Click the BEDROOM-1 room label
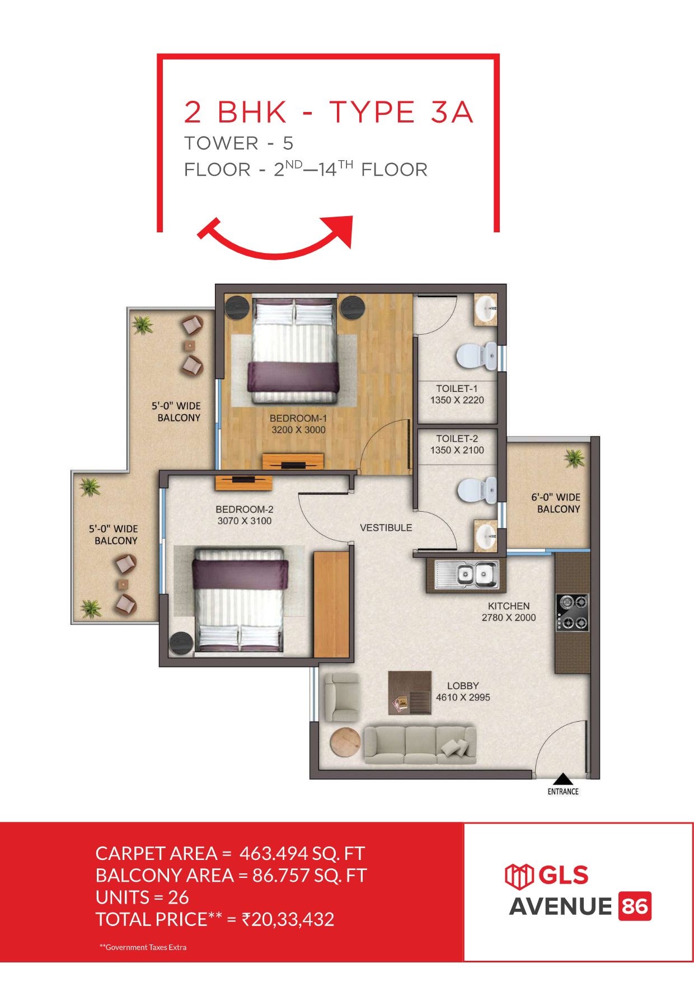coord(298,418)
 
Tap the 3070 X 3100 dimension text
coord(245,521)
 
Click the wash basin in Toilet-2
coord(485,536)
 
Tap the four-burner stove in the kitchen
coord(572,612)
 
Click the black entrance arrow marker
coord(563,779)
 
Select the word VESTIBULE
coord(386,527)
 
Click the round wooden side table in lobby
coord(345,743)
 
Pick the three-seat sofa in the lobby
coord(420,744)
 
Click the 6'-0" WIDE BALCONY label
coord(556,503)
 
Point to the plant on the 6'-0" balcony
coord(574,458)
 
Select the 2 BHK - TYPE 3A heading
coord(329,112)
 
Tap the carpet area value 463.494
coord(274,853)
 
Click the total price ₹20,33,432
coord(288,919)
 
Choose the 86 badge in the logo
coord(635,906)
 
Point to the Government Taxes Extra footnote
coord(143,947)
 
